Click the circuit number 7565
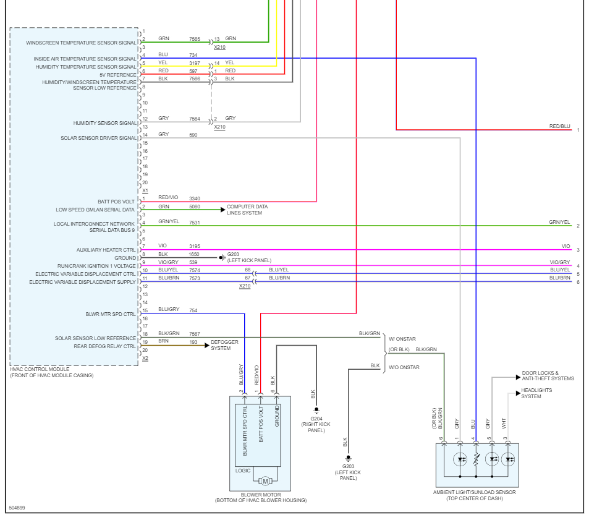tap(194, 38)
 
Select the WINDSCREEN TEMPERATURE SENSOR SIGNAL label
tap(81, 43)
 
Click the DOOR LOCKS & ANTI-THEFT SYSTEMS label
tap(548, 376)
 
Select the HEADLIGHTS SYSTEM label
tap(536, 393)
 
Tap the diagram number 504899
tap(17, 508)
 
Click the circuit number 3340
tap(194, 198)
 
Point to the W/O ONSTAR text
tap(404, 367)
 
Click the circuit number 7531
tap(194, 223)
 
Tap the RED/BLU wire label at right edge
tap(559, 127)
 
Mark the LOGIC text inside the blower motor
tap(243, 471)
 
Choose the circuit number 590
tap(193, 135)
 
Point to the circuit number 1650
tap(194, 254)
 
